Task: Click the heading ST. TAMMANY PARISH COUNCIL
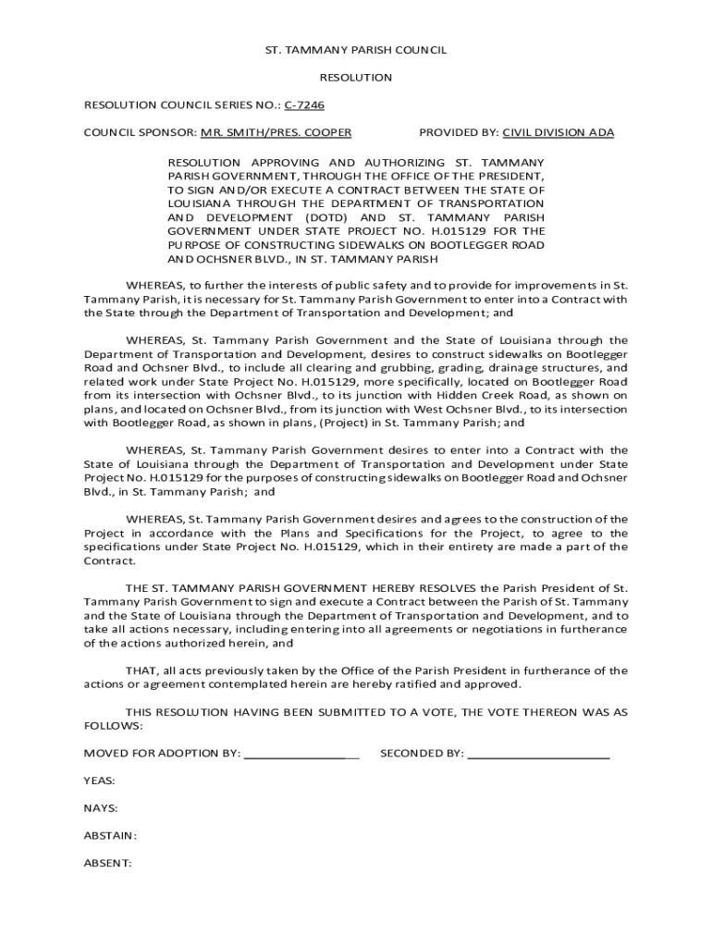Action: click(x=355, y=50)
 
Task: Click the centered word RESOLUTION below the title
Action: click(x=355, y=78)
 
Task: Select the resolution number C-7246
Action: click(x=304, y=105)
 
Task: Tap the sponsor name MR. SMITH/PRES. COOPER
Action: click(x=276, y=132)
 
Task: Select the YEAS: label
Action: click(x=100, y=781)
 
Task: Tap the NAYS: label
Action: click(x=101, y=808)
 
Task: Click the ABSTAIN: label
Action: click(x=110, y=836)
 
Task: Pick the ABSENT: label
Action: click(x=107, y=864)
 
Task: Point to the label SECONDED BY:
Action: click(x=422, y=754)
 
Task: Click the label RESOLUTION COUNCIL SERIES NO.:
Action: click(x=181, y=105)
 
